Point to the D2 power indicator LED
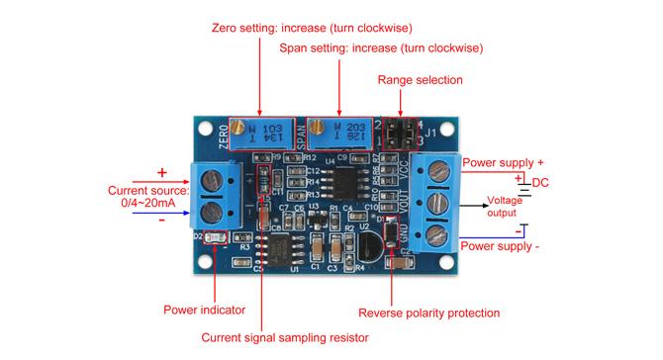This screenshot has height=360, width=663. (213, 238)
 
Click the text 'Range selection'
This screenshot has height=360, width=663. (421, 79)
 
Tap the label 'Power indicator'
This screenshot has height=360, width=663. (203, 311)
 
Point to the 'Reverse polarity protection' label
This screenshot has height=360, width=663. (428, 314)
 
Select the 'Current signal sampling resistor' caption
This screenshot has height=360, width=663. (285, 337)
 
